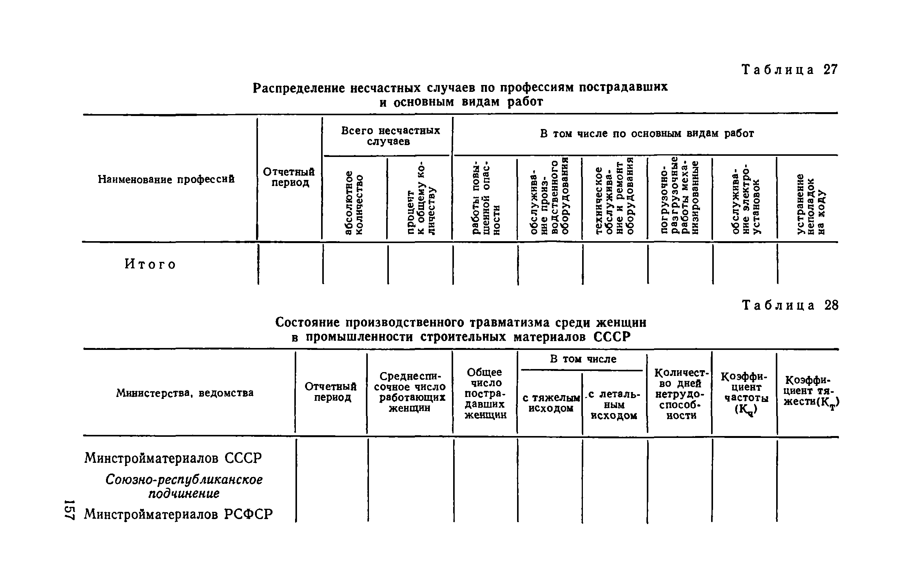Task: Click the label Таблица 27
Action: pyautogui.click(x=790, y=70)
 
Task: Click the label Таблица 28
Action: pyautogui.click(x=790, y=305)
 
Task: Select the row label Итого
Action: pyautogui.click(x=150, y=264)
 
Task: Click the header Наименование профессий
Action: pyautogui.click(x=166, y=179)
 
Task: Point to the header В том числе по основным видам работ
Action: pyautogui.click(x=646, y=133)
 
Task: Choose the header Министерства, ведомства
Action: pyautogui.click(x=184, y=393)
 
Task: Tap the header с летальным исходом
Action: pyautogui.click(x=614, y=405)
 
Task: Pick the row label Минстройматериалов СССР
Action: pyautogui.click(x=173, y=458)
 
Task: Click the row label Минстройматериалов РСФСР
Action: pyautogui.click(x=178, y=514)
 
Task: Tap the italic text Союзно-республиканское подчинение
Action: pyautogui.click(x=184, y=487)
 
